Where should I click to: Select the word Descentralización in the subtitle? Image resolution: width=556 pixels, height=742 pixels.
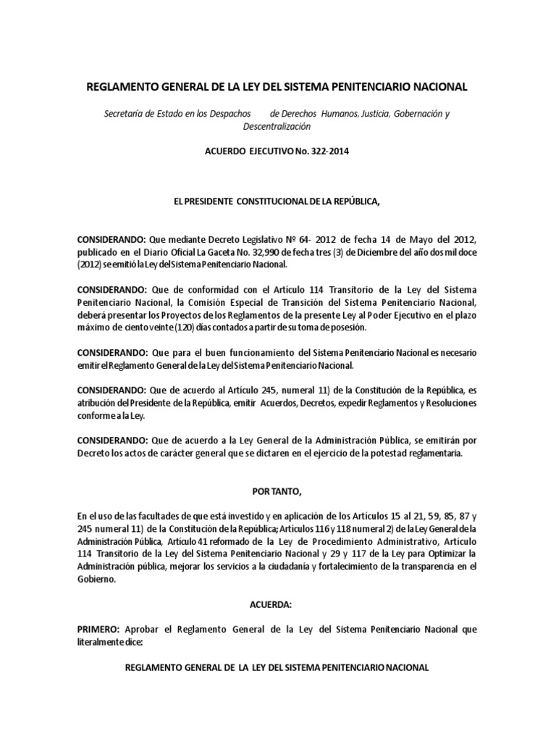tap(277, 126)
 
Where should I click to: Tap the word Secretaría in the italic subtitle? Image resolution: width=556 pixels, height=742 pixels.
tap(127, 114)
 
